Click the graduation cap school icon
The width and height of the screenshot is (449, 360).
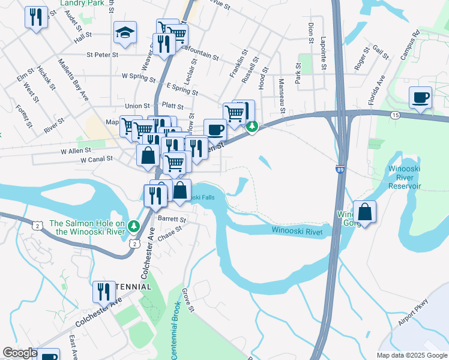125,34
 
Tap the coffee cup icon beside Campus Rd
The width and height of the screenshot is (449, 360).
420,97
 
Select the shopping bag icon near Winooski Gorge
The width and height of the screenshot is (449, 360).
364,212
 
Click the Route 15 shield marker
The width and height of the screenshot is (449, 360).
394,115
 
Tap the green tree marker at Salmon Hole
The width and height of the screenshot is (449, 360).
135,226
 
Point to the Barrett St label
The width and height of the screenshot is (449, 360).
172,220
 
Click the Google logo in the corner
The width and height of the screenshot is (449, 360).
20,353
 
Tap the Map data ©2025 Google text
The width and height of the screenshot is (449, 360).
411,355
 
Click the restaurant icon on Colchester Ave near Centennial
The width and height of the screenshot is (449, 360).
103,292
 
